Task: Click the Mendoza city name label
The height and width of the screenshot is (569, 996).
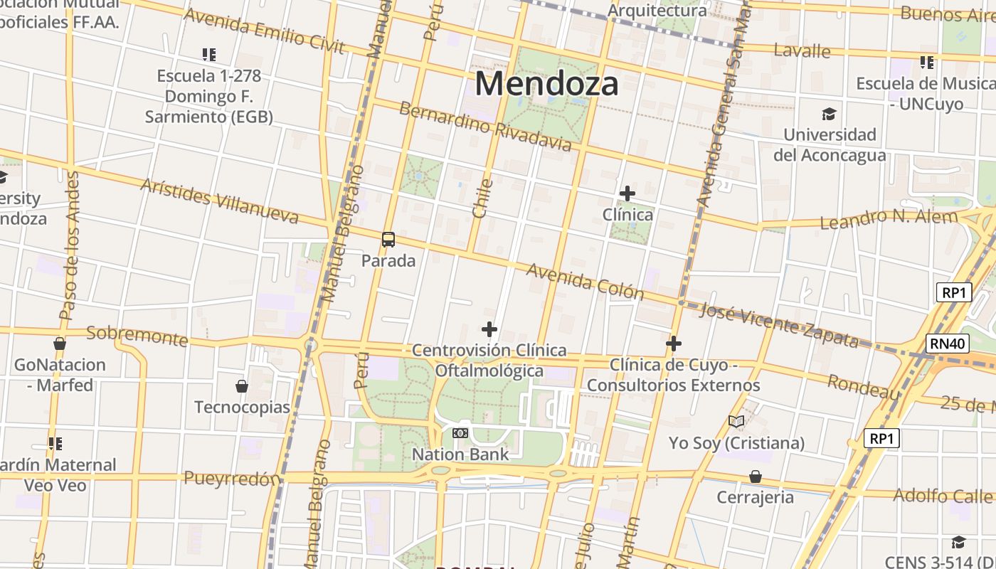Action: pos(546,84)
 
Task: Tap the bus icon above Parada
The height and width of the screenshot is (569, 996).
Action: pos(388,240)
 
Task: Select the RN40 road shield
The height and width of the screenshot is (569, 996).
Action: pos(949,344)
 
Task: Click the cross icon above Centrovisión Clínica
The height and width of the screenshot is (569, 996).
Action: pos(489,329)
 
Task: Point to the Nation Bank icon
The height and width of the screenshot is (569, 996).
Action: pos(460,432)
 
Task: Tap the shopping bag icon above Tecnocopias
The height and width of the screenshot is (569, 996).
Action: pos(242,386)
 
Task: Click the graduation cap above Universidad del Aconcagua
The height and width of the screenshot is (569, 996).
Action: pos(829,114)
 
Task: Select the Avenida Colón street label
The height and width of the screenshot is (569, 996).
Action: pos(585,282)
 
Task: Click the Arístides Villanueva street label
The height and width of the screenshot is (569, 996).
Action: pos(219,201)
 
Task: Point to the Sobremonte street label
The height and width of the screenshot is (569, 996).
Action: pos(137,336)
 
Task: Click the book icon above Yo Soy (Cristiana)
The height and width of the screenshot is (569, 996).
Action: pos(736,422)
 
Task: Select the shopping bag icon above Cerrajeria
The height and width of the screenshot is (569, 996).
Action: pos(755,476)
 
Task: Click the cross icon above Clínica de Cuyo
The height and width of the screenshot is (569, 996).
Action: pos(674,344)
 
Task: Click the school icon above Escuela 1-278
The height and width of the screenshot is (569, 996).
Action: pos(208,54)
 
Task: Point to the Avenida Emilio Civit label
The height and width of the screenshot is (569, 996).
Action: pos(264,31)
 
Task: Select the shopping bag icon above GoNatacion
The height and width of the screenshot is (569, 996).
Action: pos(60,344)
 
